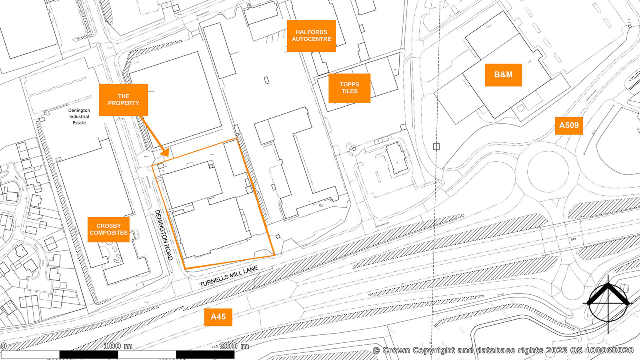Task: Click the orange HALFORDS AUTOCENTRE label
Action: pyautogui.click(x=311, y=36)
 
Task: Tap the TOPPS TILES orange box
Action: pyautogui.click(x=349, y=88)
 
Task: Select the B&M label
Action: pyautogui.click(x=503, y=75)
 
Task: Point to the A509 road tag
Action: pyautogui.click(x=568, y=125)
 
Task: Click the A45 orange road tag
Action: pyautogui.click(x=218, y=317)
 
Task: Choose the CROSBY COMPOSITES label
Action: pyautogui.click(x=108, y=229)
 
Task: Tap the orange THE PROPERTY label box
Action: pyautogui.click(x=123, y=100)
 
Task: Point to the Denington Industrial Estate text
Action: pyautogui.click(x=79, y=116)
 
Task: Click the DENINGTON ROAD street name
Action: pyautogui.click(x=164, y=235)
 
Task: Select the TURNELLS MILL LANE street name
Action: pyautogui.click(x=229, y=276)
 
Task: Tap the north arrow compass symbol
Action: pyautogui.click(x=608, y=303)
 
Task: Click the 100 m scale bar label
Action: pyautogui.click(x=118, y=346)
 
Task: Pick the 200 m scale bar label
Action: pyautogui.click(x=234, y=346)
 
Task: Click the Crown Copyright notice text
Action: pyautogui.click(x=503, y=350)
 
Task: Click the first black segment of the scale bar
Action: pyautogui.click(x=88, y=354)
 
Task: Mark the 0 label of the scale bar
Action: pyautogui.click(x=3, y=346)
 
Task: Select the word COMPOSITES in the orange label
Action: pyautogui.click(x=108, y=233)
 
